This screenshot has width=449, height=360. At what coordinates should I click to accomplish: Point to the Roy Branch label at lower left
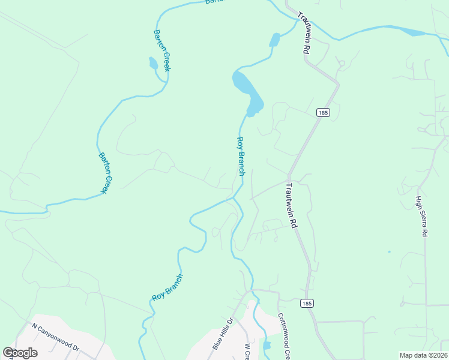(167, 287)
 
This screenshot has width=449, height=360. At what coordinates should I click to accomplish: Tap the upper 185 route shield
(322, 112)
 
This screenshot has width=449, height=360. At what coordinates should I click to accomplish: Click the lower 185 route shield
(306, 304)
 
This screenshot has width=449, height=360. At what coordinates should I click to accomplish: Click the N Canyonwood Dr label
(56, 338)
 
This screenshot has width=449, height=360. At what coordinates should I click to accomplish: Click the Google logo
(20, 352)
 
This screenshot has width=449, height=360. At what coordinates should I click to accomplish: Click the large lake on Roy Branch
(248, 92)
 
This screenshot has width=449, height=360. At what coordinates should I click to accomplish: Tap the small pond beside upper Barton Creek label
(153, 63)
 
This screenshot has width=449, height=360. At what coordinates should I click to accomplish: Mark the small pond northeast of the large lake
(274, 40)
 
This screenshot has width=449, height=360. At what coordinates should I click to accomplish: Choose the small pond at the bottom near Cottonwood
(267, 346)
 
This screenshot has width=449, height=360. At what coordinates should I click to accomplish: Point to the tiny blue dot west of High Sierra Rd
(389, 251)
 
